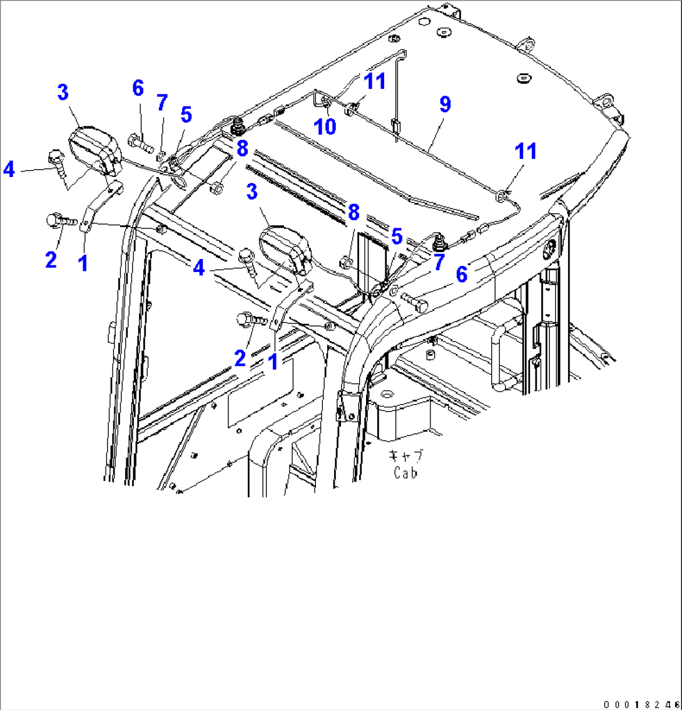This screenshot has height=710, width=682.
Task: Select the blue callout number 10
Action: tap(325, 126)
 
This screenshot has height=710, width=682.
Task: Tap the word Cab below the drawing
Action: tap(405, 473)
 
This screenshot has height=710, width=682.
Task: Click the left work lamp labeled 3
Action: tap(96, 150)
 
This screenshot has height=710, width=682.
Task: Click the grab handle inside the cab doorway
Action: tap(500, 357)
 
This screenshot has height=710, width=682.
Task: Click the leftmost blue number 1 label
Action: tap(82, 263)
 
